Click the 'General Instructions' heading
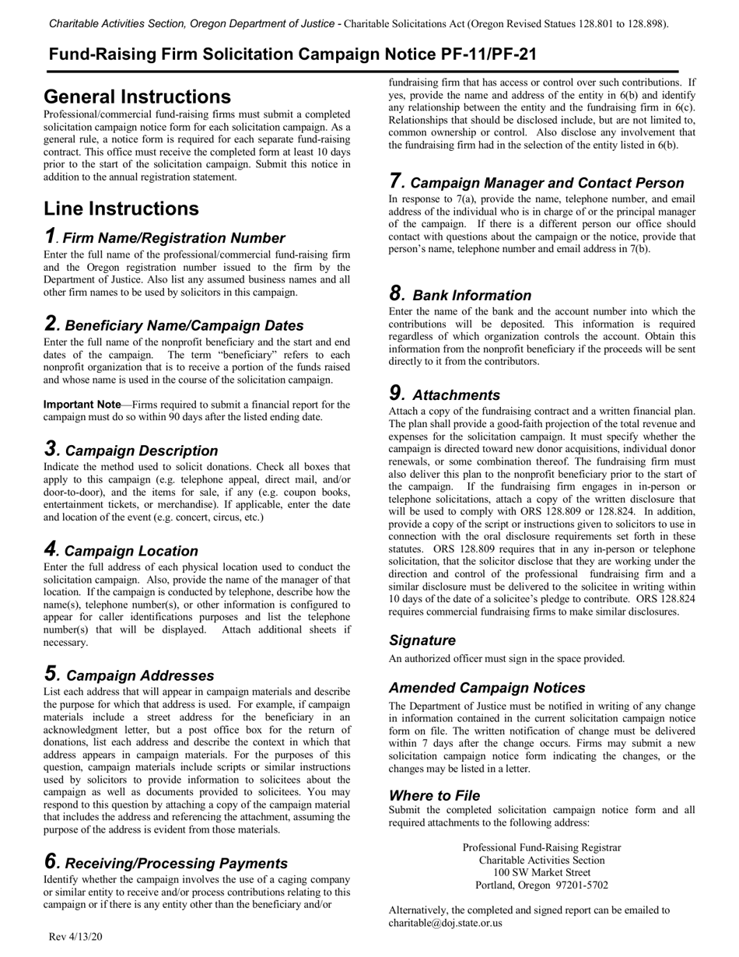click(137, 96)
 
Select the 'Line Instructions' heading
click(121, 209)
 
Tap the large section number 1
click(50, 236)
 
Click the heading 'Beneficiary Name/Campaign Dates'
click(184, 325)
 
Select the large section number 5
click(51, 673)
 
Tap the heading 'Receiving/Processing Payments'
click(176, 863)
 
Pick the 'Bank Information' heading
click(471, 295)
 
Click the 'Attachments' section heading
click(456, 394)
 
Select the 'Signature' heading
click(422, 640)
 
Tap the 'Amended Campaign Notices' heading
click(487, 688)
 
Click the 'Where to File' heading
click(434, 795)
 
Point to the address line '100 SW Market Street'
click(541, 872)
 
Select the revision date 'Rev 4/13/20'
click(75, 936)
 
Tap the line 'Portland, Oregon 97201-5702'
click(541, 885)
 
